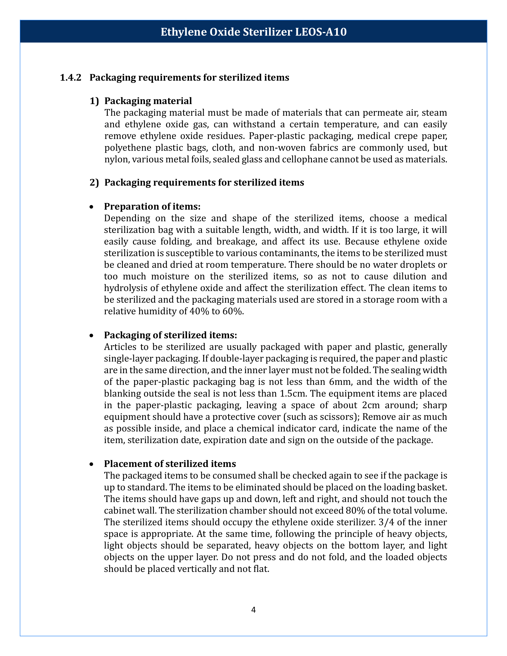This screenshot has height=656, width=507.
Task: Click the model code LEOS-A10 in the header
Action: pos(321,32)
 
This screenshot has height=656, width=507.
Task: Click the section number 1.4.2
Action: pos(71,78)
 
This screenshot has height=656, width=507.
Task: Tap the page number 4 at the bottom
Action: pos(253,609)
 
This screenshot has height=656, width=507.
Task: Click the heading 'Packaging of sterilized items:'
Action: pos(170,335)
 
